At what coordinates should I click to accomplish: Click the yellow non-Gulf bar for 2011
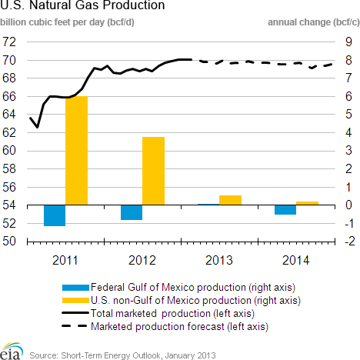[76, 151]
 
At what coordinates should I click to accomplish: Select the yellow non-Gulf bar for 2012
[153, 171]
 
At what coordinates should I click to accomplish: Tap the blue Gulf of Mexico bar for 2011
[55, 215]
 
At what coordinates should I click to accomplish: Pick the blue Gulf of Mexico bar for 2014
[285, 210]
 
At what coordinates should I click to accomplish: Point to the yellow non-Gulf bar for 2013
[230, 200]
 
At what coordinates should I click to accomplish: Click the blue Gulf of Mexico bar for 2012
[132, 212]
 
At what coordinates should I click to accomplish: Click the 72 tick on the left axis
[9, 42]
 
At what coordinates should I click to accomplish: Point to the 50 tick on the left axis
[9, 241]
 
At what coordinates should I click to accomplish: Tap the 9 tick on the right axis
[348, 42]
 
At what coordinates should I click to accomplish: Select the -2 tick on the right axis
[349, 241]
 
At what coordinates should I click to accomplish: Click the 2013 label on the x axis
[219, 261]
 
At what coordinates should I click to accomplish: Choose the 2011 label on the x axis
[65, 261]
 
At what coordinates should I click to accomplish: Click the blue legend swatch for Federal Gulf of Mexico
[75, 288]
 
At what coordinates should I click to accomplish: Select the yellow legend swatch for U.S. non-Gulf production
[75, 300]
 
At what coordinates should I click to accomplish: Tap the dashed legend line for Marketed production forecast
[75, 326]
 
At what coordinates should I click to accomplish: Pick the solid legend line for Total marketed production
[75, 313]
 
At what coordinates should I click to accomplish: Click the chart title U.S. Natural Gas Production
[82, 5]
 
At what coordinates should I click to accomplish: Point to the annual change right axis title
[314, 22]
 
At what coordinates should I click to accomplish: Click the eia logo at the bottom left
[11, 352]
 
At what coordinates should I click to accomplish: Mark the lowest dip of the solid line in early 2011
[38, 128]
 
